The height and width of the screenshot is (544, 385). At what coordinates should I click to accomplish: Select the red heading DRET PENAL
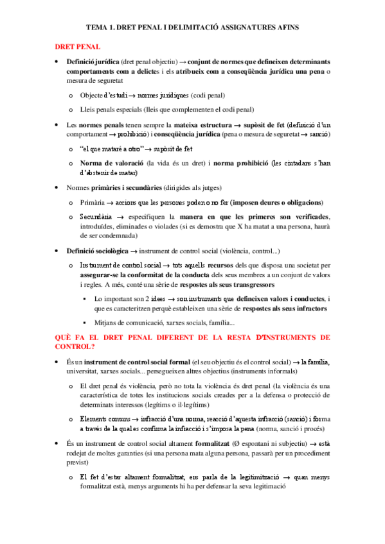point(77,47)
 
